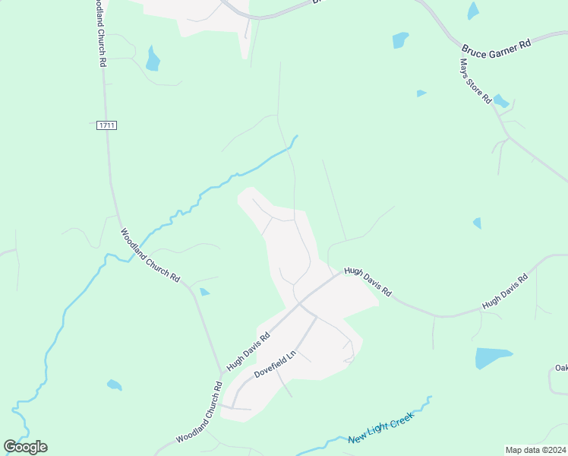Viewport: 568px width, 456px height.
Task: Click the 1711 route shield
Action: click(x=107, y=125)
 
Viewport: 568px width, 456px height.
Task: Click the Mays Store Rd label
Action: click(x=476, y=83)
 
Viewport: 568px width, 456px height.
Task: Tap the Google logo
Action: click(x=26, y=447)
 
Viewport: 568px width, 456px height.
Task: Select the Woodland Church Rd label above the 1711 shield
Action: click(x=99, y=34)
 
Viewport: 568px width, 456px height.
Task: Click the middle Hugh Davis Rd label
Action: click(x=368, y=281)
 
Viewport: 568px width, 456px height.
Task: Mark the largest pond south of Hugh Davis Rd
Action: click(x=493, y=357)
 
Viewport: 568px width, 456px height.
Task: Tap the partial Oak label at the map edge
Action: click(x=561, y=369)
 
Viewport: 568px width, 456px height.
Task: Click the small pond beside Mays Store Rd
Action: click(x=501, y=100)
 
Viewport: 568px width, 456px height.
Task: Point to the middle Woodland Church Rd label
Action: click(x=150, y=255)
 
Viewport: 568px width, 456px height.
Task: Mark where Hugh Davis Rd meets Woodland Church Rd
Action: click(x=222, y=374)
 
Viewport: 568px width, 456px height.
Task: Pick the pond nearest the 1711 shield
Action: click(x=153, y=59)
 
